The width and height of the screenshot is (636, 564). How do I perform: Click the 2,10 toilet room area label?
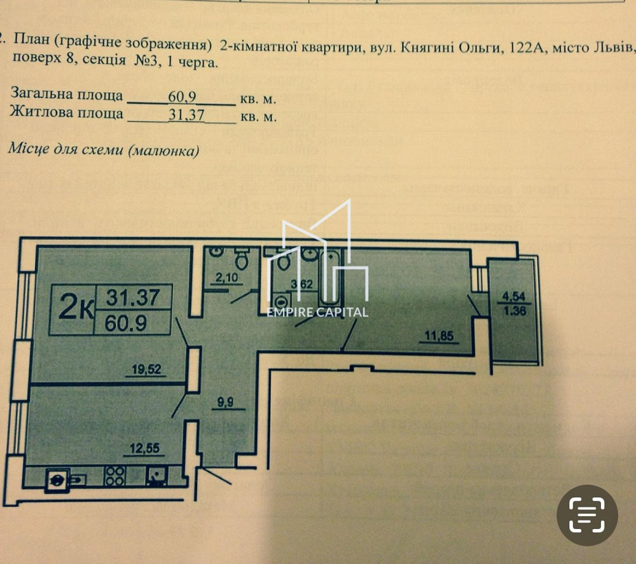(226, 277)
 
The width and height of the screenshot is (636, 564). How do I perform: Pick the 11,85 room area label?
(438, 337)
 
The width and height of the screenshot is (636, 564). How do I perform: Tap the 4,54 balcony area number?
(514, 295)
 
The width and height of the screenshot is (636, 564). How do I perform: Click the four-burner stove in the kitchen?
(114, 476)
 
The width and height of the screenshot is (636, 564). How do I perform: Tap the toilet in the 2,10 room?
(241, 258)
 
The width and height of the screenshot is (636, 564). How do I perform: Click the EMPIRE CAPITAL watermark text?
(317, 312)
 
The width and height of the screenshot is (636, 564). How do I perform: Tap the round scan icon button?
(587, 515)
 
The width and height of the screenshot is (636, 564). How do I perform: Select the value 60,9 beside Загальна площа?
(183, 97)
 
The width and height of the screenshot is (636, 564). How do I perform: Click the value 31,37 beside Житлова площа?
(183, 115)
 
